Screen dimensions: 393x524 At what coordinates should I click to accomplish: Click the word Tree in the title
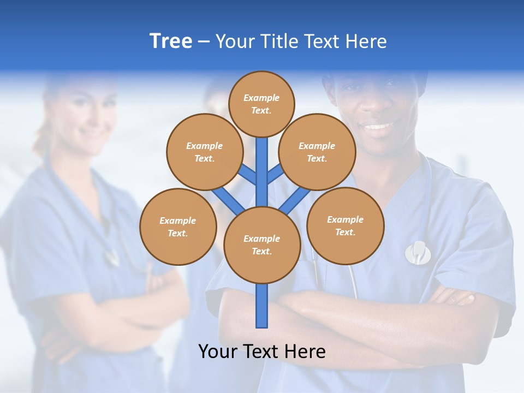[171, 41]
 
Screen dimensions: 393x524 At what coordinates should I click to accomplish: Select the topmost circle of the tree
[261, 104]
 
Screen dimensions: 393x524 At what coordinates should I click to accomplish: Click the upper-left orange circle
[204, 152]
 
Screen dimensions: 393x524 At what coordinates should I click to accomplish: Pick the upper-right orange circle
[317, 152]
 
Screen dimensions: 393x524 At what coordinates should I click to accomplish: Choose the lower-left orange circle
[178, 227]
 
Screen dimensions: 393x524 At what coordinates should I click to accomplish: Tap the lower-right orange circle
[345, 225]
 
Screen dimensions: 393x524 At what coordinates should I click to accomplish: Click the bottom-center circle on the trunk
[262, 245]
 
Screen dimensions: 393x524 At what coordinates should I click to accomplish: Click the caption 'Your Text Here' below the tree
[262, 351]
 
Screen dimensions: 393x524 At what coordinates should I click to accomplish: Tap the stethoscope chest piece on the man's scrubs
[418, 252]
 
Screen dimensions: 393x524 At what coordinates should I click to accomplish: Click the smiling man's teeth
[379, 127]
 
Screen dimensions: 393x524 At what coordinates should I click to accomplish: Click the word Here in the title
[367, 41]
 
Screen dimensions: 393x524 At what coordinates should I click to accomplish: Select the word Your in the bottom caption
[219, 351]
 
